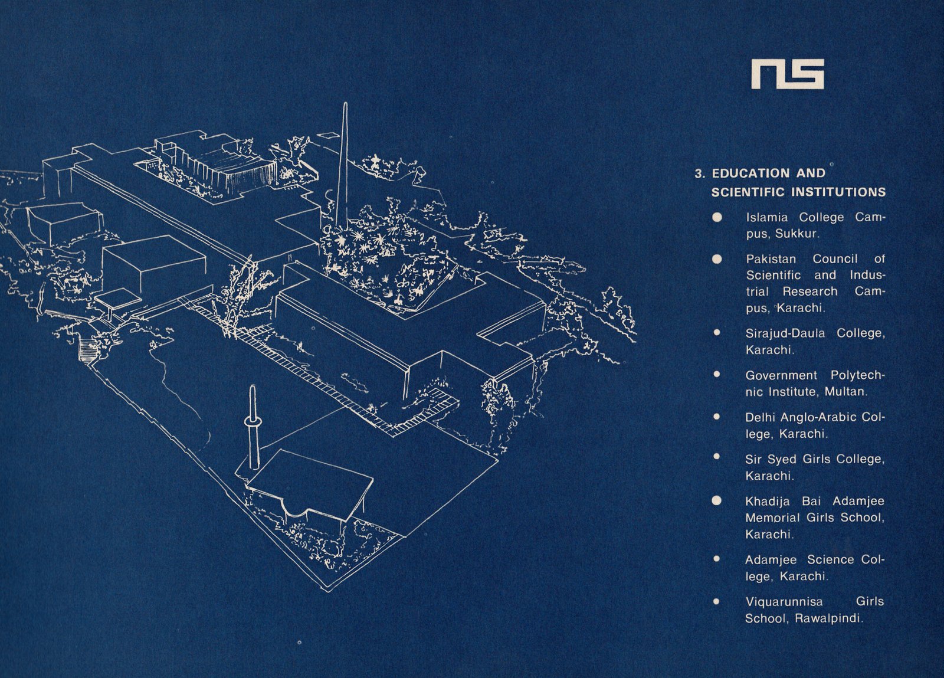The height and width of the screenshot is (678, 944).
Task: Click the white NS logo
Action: click(787, 74)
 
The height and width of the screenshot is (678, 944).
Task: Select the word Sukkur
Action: click(796, 234)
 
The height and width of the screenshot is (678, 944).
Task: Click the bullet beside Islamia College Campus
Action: click(717, 217)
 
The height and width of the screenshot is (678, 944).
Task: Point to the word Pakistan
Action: click(771, 259)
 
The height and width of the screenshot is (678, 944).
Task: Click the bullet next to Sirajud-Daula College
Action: click(717, 333)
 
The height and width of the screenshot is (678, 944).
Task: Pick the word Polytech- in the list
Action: click(858, 375)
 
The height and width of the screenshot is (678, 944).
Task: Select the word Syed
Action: click(782, 459)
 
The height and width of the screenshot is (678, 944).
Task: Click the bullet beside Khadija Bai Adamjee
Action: click(717, 501)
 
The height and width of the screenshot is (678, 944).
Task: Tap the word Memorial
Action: click(772, 518)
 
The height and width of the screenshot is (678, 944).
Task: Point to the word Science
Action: click(830, 559)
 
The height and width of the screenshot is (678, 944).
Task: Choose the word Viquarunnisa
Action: click(784, 602)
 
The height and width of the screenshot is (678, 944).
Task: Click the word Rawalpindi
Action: click(828, 619)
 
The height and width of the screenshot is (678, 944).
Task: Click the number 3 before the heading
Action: click(699, 173)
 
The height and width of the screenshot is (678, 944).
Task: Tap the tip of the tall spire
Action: click(345, 105)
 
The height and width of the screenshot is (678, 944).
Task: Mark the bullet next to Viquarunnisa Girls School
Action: click(717, 602)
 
